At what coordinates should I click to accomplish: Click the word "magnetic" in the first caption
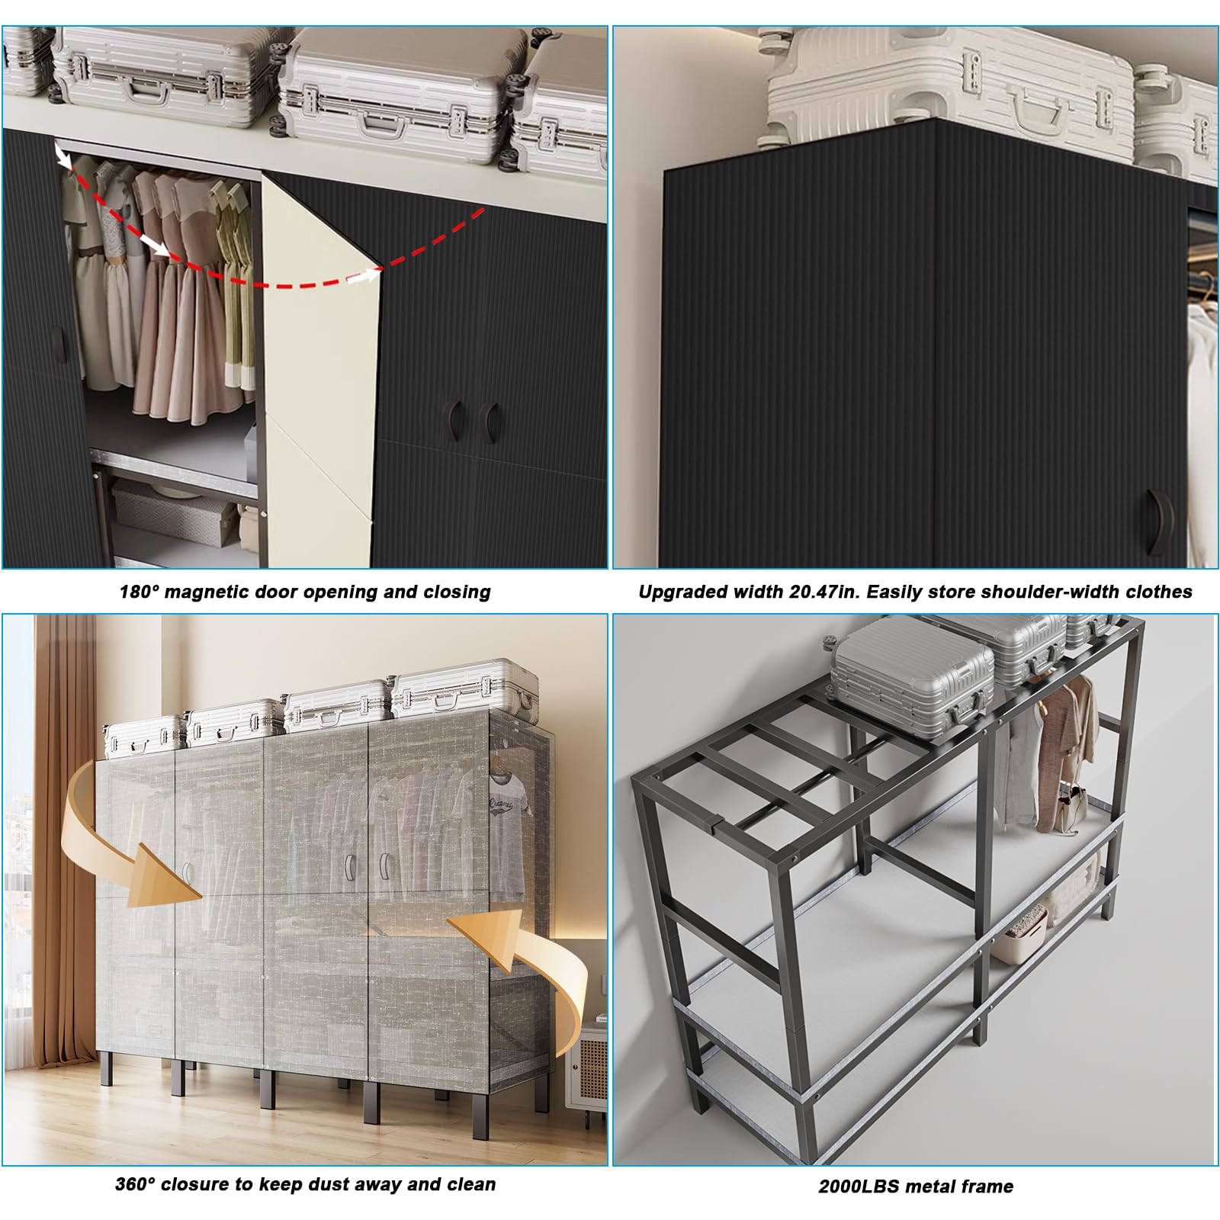pos(201,592)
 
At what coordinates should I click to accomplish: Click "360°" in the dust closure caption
pos(135,1184)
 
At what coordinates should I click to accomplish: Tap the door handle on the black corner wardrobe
pos(1161,521)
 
